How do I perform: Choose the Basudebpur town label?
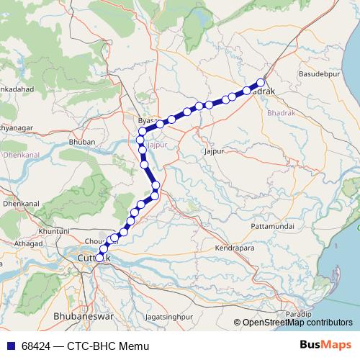pos(318,74)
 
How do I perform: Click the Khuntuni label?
pos(54,230)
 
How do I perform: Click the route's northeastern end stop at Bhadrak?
pos(261,82)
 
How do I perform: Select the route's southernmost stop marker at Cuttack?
pos(99,257)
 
